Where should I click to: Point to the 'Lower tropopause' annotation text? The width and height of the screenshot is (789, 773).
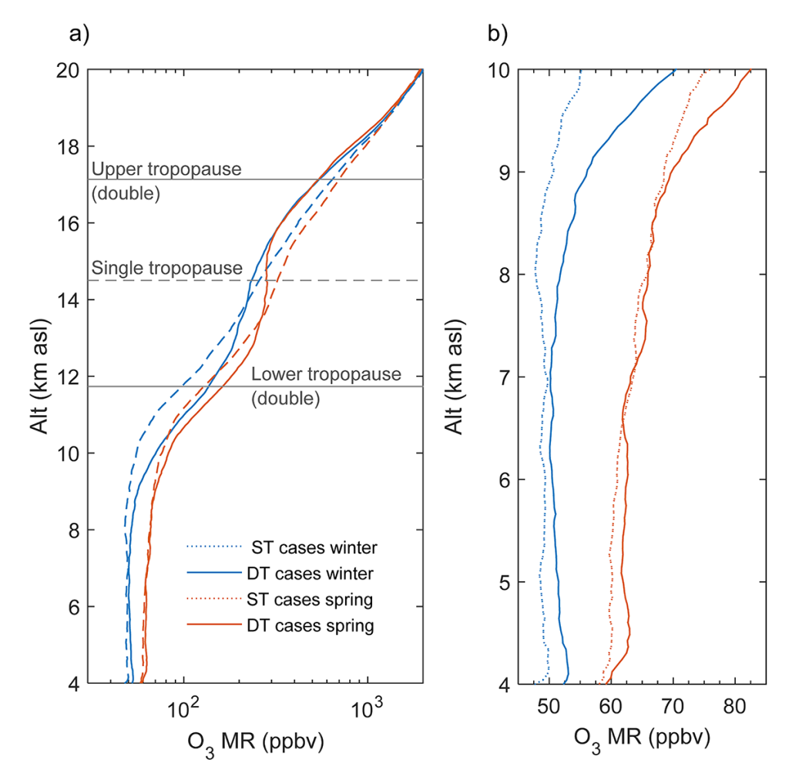[x=326, y=375]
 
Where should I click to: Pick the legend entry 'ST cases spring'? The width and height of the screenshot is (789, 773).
[x=310, y=600]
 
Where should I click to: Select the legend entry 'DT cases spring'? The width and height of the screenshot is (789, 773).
[x=310, y=626]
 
